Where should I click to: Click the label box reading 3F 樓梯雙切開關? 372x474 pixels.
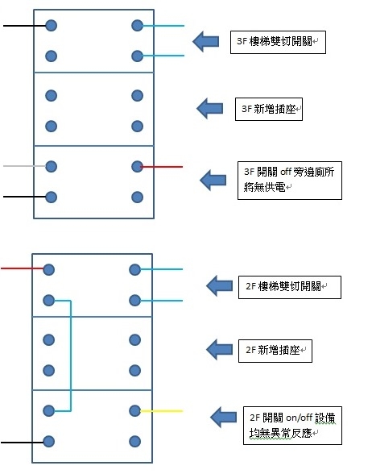coord(278,42)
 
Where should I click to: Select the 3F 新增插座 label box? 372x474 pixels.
coord(269,109)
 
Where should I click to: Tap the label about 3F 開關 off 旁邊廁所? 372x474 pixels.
coord(290,181)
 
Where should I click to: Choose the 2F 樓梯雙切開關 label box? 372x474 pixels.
coord(290,287)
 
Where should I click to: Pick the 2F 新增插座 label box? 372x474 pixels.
coord(275,351)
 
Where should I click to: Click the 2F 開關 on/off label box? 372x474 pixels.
coord(292,426)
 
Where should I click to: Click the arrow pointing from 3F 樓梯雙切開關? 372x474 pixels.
coord(205,41)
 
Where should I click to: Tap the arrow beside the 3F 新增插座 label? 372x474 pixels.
coord(209,108)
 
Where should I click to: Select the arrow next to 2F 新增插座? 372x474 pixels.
coord(219,350)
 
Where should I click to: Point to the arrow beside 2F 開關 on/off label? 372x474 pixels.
coord(224,418)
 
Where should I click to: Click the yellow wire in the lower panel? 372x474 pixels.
coord(162,411)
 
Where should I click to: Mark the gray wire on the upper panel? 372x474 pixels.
coord(24,166)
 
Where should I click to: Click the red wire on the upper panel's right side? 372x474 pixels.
coord(162,167)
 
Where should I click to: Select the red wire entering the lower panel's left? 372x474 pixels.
coord(22,268)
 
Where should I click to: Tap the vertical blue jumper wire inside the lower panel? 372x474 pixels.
coord(71,355)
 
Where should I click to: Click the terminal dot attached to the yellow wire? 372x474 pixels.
coord(134,411)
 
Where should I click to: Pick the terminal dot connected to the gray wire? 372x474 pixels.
coord(51,166)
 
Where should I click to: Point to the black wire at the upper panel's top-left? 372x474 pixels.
coord(24,26)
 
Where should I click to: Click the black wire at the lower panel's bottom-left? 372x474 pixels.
coord(22,443)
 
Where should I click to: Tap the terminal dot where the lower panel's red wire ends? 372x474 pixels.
coord(48,269)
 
